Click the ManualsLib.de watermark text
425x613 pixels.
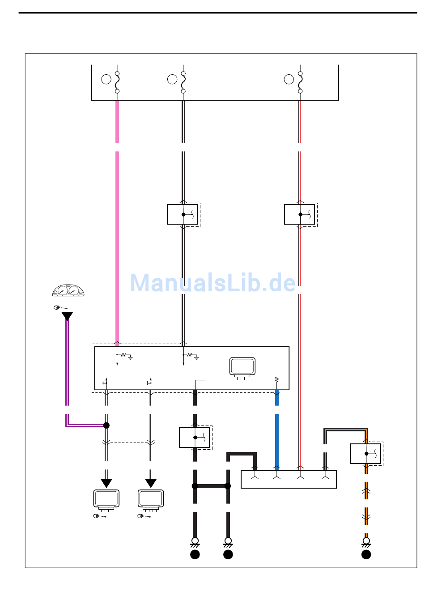coord(213,283)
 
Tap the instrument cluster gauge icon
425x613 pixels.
coord(68,290)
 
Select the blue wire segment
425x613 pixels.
coord(277,438)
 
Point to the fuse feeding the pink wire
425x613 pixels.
coord(117,82)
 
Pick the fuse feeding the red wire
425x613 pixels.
coord(300,82)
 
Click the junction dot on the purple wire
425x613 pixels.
coord(106,425)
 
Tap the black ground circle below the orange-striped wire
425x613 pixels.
coord(366,554)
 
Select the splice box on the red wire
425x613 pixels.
coord(300,214)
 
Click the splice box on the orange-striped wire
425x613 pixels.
coord(365,454)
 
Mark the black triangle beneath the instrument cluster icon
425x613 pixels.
coord(67,317)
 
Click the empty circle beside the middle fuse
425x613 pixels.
coord(172,79)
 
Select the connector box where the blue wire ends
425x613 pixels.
coord(289,479)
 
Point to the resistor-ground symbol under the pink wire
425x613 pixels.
coord(124,356)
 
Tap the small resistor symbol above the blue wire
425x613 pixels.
coord(277,379)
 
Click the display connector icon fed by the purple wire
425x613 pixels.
coord(106,500)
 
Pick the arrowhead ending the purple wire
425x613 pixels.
coord(106,483)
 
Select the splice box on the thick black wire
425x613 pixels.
coord(195,438)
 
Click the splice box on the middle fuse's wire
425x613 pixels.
coord(183,214)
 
